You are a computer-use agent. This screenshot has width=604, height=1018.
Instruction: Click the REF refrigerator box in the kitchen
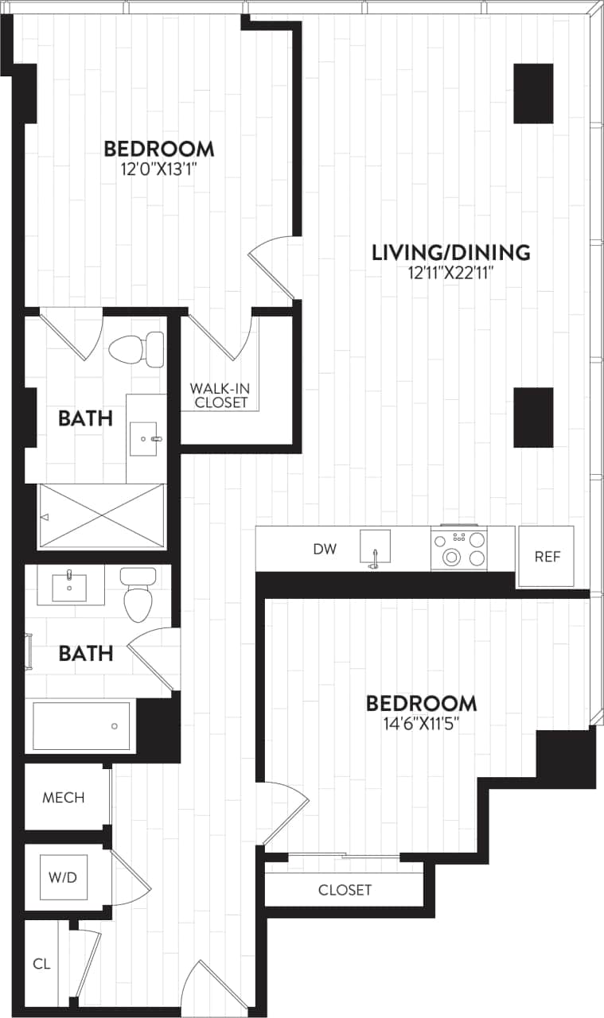[546, 557]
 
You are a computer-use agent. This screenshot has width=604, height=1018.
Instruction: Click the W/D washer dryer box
[64, 877]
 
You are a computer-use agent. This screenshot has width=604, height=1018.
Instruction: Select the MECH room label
[64, 798]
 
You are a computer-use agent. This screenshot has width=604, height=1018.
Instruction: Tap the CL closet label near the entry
[41, 964]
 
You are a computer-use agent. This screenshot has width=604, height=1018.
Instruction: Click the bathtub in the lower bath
[80, 725]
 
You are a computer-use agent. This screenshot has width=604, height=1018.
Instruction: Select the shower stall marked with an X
[102, 516]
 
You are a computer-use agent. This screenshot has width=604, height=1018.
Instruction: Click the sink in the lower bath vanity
[71, 586]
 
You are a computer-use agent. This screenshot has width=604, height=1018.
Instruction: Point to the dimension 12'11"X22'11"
[450, 274]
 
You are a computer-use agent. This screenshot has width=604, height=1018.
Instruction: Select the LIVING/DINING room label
[450, 253]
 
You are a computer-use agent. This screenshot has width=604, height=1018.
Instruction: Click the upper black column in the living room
[532, 94]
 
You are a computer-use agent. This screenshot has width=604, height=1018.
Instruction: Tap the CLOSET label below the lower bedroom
[345, 890]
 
